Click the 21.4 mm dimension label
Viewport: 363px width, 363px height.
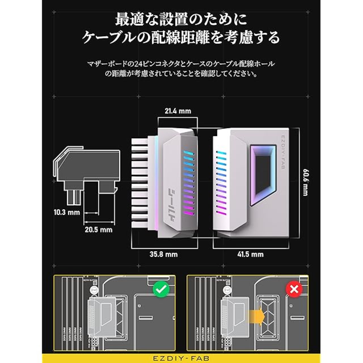point(178,111)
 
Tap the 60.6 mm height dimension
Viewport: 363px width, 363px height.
point(305,182)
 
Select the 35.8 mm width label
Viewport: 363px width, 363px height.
point(164,254)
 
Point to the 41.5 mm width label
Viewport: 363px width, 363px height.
point(250,254)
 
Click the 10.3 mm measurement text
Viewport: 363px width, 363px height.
point(67,212)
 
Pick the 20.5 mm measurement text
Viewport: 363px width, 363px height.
point(98,229)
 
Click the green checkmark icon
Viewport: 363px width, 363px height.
point(161,289)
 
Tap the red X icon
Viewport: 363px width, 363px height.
point(294,289)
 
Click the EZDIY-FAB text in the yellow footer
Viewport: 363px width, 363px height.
point(181,358)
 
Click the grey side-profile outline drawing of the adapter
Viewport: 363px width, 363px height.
point(86,173)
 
